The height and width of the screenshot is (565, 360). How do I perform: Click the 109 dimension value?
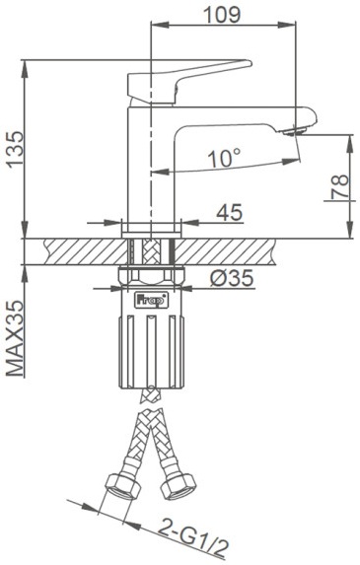222,15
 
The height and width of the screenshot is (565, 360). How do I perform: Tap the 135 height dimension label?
16,149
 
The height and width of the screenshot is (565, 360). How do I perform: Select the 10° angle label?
224,158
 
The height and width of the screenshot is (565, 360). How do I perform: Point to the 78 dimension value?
340,186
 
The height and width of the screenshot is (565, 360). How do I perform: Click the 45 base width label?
229,212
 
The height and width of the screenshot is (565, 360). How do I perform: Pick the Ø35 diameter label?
232,278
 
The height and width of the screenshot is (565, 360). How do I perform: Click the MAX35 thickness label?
16,339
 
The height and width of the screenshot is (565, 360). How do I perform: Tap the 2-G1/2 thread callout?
193,538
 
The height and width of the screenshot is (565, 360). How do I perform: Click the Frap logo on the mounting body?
151,300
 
